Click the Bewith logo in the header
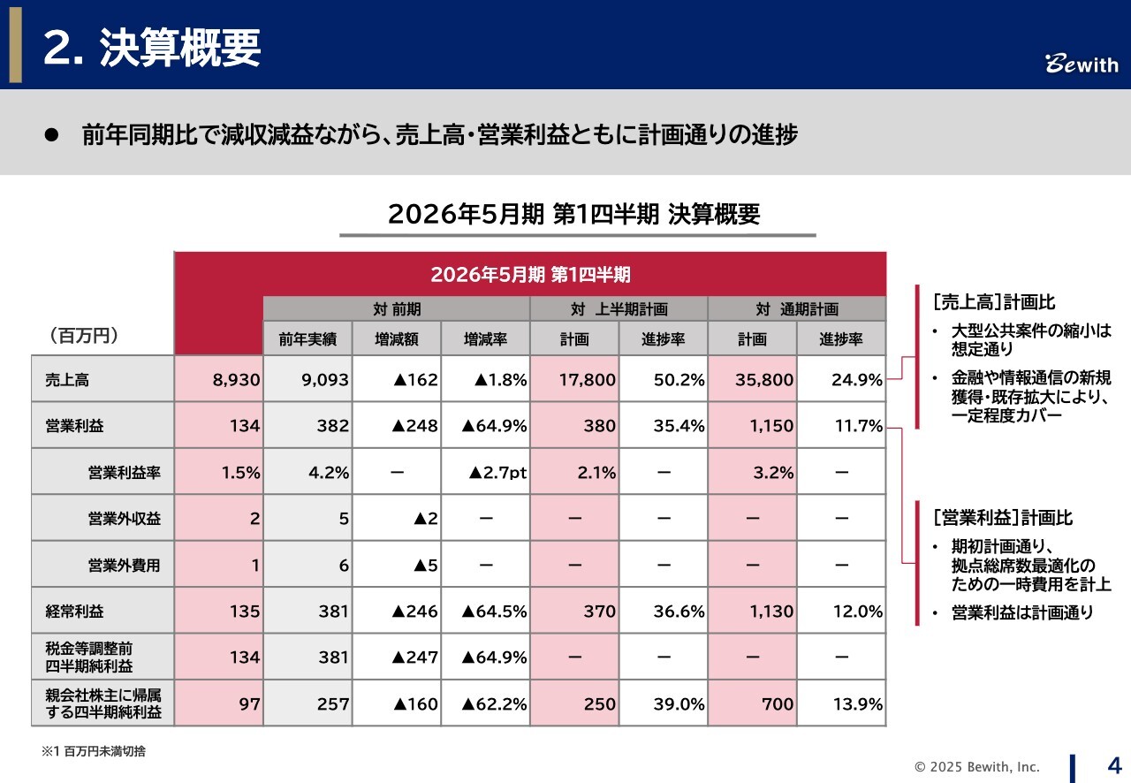click(x=1082, y=64)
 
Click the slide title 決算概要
click(x=151, y=48)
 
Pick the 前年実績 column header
click(x=307, y=339)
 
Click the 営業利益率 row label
click(x=125, y=473)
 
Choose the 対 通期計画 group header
click(x=796, y=309)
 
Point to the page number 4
click(x=1113, y=764)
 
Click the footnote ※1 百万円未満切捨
click(x=94, y=751)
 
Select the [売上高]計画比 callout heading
click(x=993, y=302)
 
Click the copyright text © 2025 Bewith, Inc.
click(x=976, y=767)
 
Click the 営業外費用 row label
click(x=125, y=566)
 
